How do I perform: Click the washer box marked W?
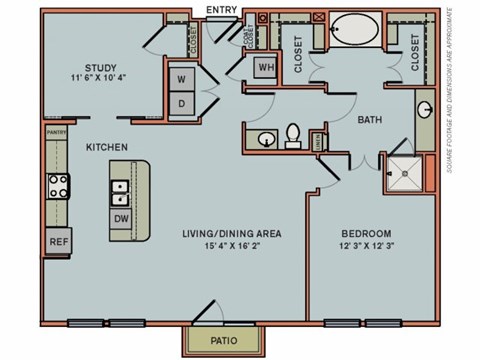pyautogui.click(x=183, y=79)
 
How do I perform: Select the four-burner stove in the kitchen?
pyautogui.click(x=58, y=185)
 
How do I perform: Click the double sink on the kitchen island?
pyautogui.click(x=121, y=187)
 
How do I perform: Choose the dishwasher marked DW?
pyautogui.click(x=121, y=218)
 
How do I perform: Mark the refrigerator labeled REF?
pyautogui.click(x=58, y=243)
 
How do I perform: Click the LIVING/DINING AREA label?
pyautogui.click(x=231, y=234)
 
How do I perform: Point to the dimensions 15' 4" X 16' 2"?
pyautogui.click(x=231, y=247)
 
